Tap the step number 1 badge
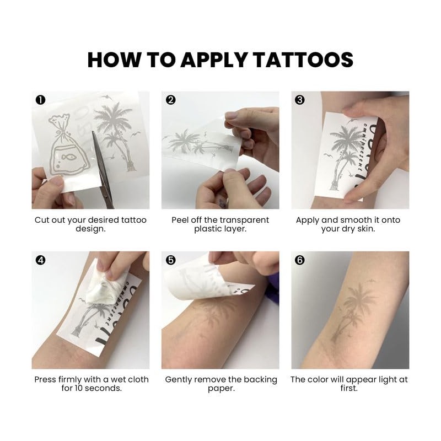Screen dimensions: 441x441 point(40,100)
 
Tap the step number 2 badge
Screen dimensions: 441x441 point(170,100)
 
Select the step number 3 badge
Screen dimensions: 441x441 point(300,100)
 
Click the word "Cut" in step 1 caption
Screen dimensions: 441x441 point(42,220)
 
